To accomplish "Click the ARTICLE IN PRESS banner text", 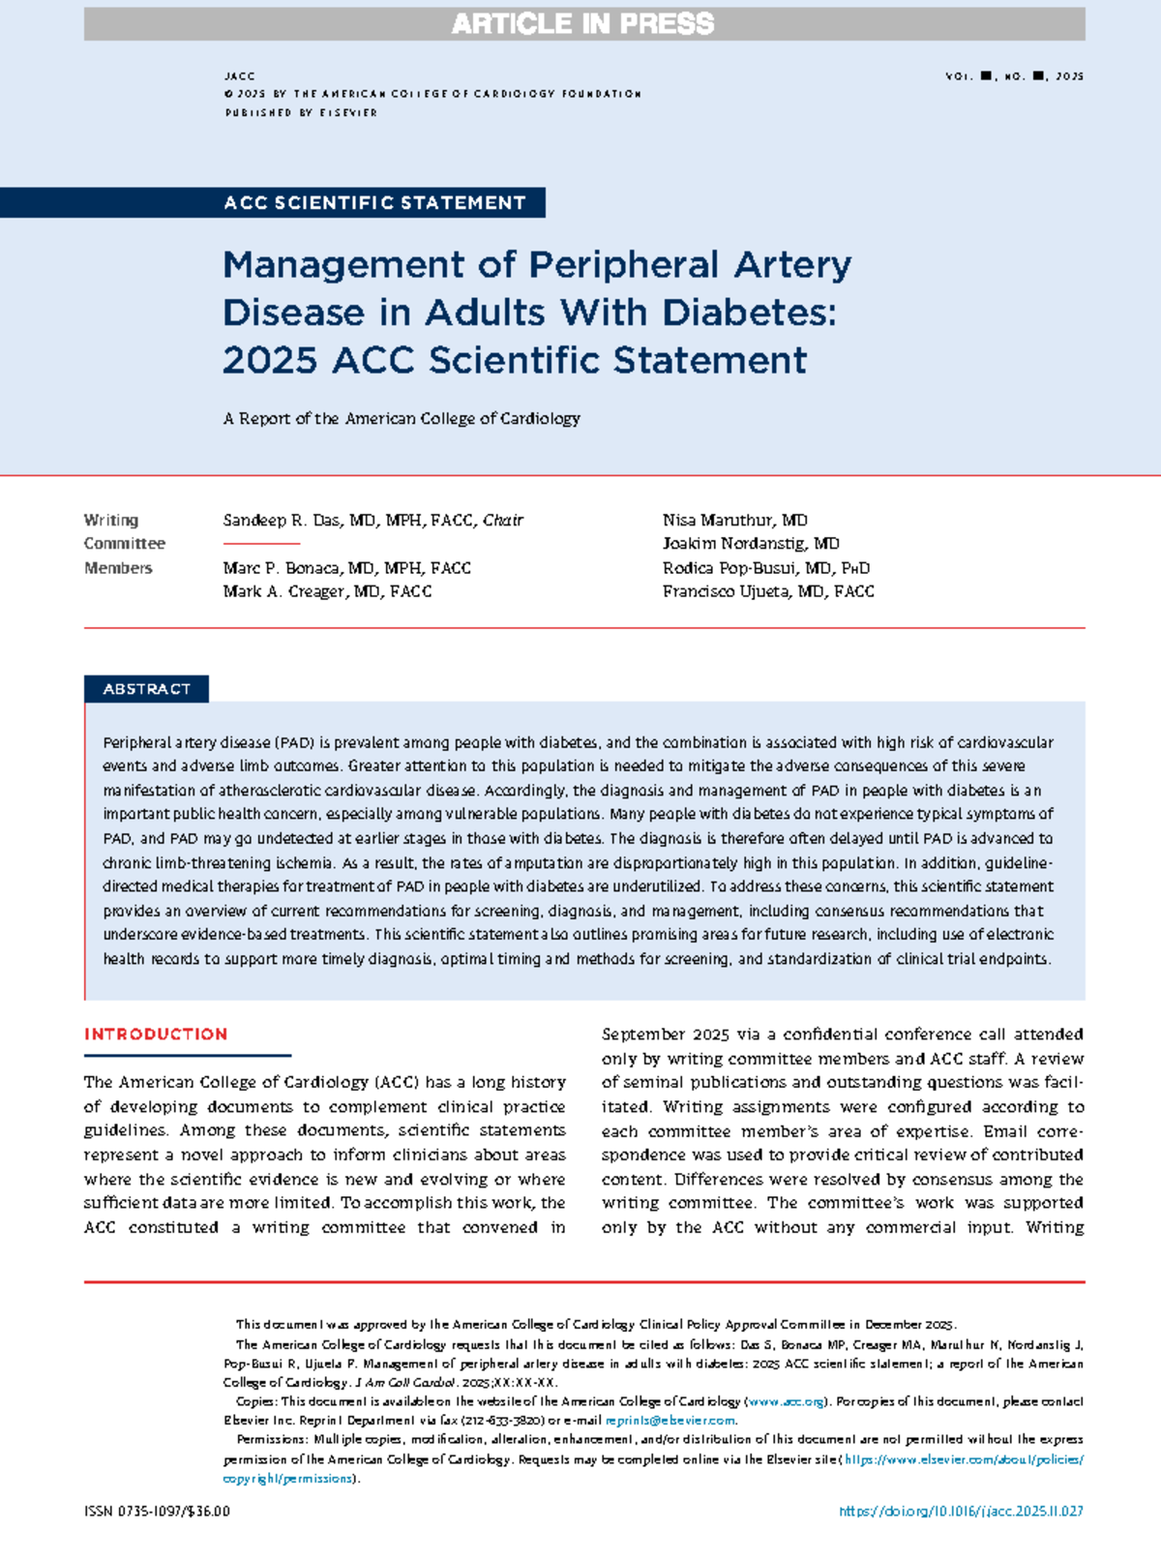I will (582, 24).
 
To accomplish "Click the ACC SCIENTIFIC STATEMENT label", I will (374, 203).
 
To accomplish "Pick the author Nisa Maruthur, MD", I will (734, 521).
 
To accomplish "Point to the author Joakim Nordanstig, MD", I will (751, 544).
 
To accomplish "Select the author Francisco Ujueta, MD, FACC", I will (767, 591).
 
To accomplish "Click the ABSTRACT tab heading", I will (147, 689).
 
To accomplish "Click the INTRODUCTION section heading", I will (156, 1035).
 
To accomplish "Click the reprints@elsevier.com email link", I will (670, 1421).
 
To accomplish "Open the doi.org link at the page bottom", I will (961, 1511).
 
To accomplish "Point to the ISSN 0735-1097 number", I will (157, 1511).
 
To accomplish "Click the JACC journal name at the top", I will (239, 75).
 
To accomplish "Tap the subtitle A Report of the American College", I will (402, 419).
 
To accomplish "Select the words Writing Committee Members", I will (124, 544).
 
